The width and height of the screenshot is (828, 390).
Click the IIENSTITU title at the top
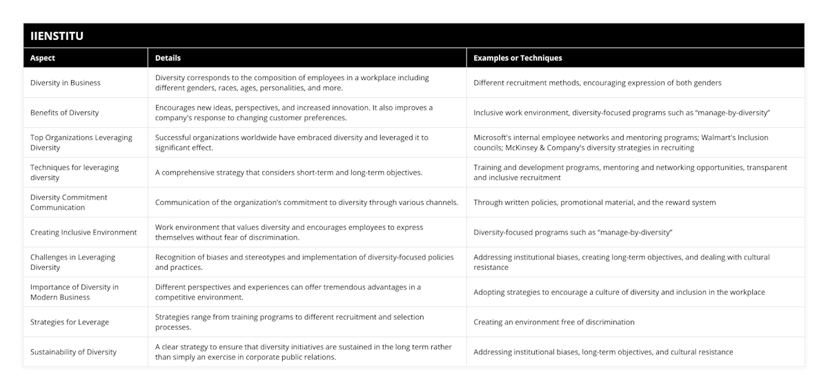pyautogui.click(x=57, y=36)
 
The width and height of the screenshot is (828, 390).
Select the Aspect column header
pyautogui.click(x=43, y=58)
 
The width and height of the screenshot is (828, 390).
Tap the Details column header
pyautogui.click(x=168, y=58)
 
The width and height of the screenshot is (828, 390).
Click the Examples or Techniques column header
pyautogui.click(x=517, y=58)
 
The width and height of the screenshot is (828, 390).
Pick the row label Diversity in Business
pyautogui.click(x=66, y=83)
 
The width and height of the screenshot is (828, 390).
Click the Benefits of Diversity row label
pyautogui.click(x=64, y=113)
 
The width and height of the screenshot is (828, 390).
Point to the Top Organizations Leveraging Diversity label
pyautogui.click(x=81, y=142)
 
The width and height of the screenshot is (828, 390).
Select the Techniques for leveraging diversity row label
pyautogui.click(x=75, y=173)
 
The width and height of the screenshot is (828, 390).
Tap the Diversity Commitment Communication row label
pyautogui.click(x=69, y=202)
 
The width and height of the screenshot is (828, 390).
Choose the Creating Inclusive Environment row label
pyautogui.click(x=83, y=233)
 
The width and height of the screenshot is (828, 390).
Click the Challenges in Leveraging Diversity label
pyautogui.click(x=73, y=262)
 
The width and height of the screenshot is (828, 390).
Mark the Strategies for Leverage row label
pyautogui.click(x=70, y=322)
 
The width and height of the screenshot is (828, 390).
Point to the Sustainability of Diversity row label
pyautogui.click(x=73, y=352)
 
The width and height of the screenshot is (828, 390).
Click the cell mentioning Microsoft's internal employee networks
pyautogui.click(x=620, y=142)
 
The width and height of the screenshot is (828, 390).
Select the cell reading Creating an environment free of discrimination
pyautogui.click(x=554, y=322)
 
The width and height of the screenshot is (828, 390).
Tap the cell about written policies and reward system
pyautogui.click(x=594, y=202)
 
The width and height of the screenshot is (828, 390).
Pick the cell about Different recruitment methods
pyautogui.click(x=598, y=83)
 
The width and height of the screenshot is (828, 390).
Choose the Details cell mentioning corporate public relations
pyautogui.click(x=304, y=352)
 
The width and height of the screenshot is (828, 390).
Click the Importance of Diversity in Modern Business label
pyautogui.click(x=75, y=292)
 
